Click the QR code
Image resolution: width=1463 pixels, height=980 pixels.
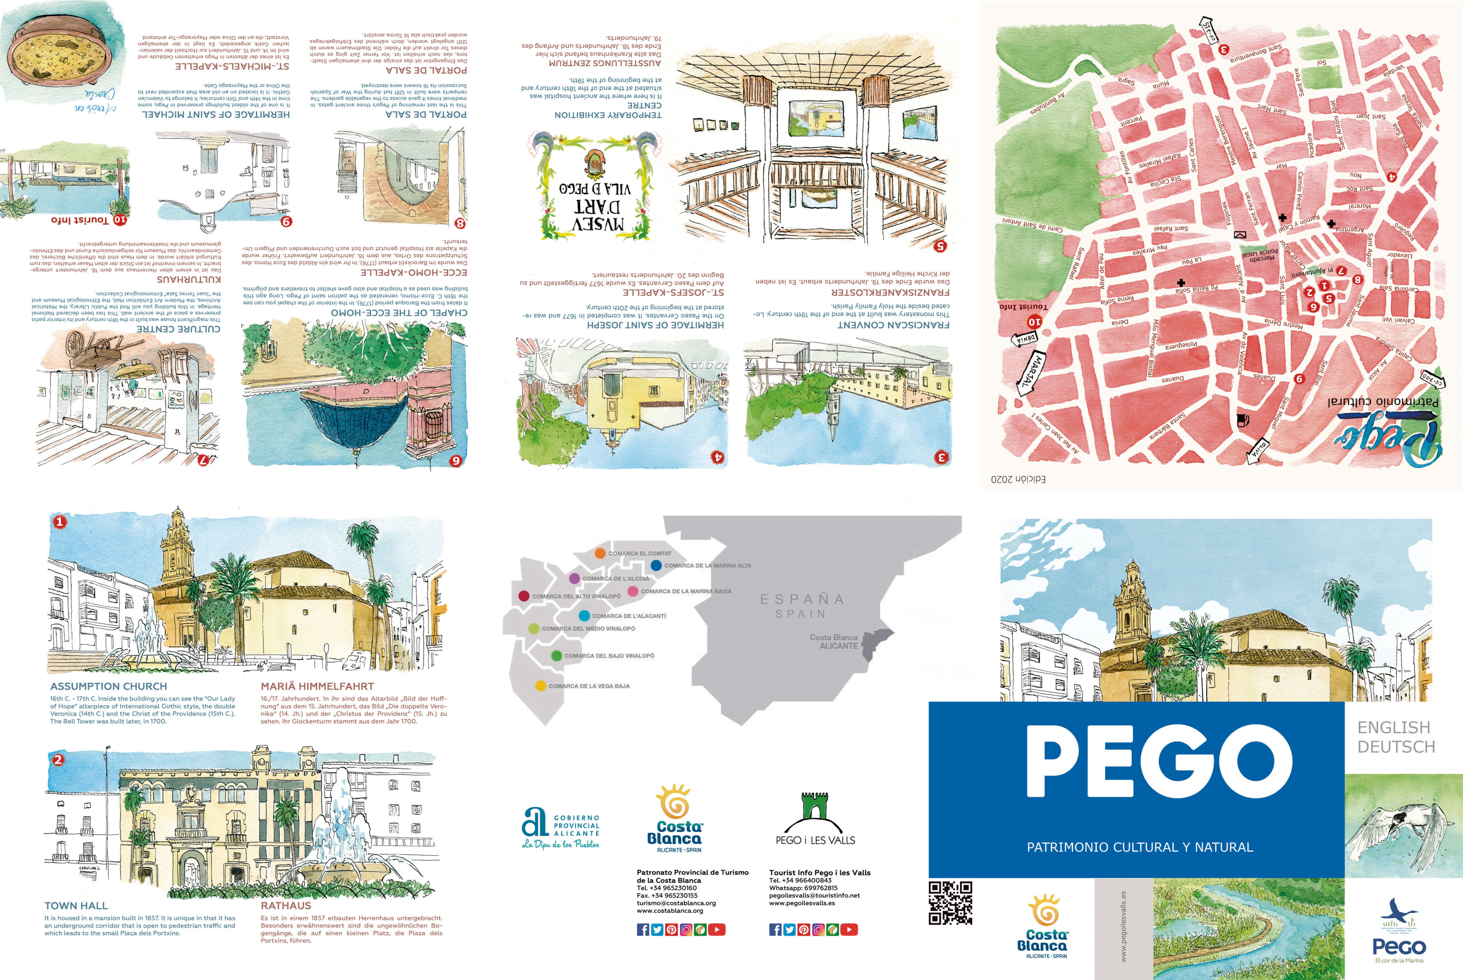point(950,902)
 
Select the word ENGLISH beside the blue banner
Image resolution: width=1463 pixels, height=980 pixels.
point(1394,727)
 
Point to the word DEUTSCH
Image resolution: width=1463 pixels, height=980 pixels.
point(1396,747)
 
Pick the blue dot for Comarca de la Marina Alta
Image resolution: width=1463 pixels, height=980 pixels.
point(656,565)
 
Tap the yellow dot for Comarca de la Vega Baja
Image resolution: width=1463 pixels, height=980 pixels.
point(540,686)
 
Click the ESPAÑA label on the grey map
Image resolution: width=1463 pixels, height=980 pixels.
point(802,599)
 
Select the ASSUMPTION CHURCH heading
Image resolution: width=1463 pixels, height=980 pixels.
point(109,686)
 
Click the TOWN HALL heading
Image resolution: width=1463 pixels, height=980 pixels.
point(76,906)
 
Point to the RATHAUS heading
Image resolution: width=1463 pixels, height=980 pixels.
point(286,906)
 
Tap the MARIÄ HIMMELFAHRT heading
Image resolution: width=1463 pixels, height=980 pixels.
point(317,686)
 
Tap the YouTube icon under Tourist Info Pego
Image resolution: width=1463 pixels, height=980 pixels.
point(849,929)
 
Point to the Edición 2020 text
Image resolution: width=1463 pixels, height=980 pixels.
point(1018,479)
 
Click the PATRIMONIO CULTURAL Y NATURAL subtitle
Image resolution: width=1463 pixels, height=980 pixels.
point(1140,847)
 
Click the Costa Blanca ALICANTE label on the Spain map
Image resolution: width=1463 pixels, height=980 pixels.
point(834,641)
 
